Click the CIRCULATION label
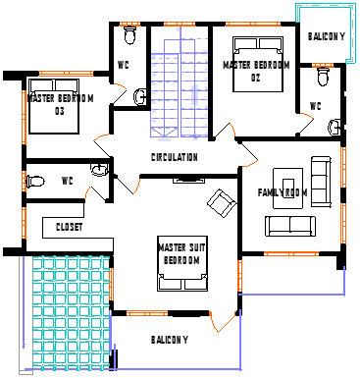[175, 157]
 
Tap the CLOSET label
[69, 227]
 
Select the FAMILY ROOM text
[283, 192]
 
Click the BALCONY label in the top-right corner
[327, 36]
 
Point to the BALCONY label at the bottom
[170, 340]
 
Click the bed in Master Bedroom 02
[258, 65]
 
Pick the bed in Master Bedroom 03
[54, 106]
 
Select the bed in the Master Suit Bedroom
[182, 263]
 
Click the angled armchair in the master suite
[222, 203]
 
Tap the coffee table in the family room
[287, 189]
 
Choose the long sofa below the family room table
[290, 226]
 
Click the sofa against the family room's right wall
[321, 182]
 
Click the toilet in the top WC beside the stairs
[129, 35]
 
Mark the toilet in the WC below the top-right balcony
[323, 77]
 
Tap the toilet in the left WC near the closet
[35, 181]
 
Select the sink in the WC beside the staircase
[140, 97]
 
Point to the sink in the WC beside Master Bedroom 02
[334, 127]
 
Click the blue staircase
[180, 82]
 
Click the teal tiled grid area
[71, 313]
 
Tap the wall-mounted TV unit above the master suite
[188, 180]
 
